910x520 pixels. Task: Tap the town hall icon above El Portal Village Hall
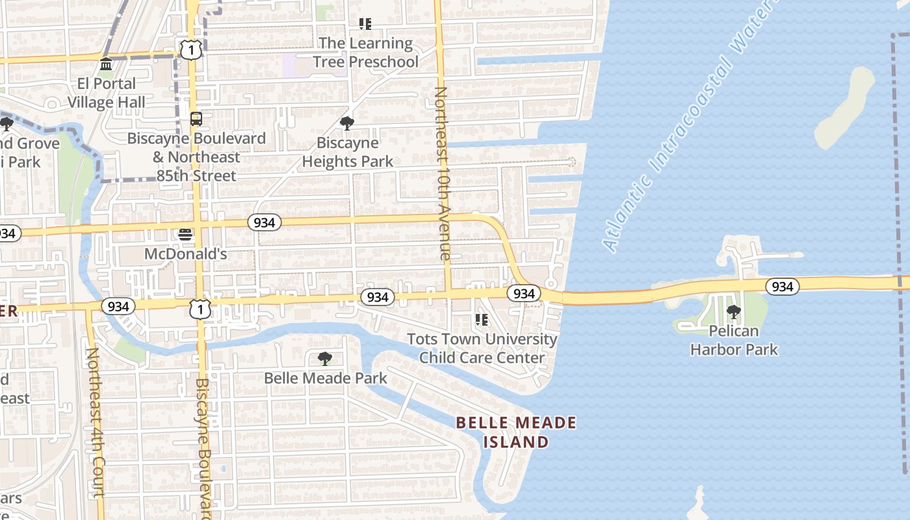(106, 64)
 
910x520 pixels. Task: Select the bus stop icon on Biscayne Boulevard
(196, 119)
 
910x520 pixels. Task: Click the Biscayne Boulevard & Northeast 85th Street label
(196, 157)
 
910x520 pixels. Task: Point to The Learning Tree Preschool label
(365, 53)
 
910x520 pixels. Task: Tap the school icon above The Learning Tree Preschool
(365, 24)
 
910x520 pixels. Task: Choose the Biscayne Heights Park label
(348, 152)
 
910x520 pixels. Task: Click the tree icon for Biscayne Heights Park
(347, 123)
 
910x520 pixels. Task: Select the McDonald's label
(185, 253)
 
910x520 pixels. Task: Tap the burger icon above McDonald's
(185, 235)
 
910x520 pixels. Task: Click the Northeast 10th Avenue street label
(442, 174)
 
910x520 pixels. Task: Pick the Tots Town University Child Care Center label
(482, 348)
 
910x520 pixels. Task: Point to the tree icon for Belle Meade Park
(325, 358)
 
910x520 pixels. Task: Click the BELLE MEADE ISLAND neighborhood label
(516, 432)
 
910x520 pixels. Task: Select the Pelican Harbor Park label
(734, 340)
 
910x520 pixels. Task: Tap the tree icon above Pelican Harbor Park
(734, 312)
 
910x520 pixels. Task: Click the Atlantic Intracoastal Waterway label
(691, 127)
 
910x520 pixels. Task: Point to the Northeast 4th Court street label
(96, 422)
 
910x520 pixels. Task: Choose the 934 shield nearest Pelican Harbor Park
(782, 286)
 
